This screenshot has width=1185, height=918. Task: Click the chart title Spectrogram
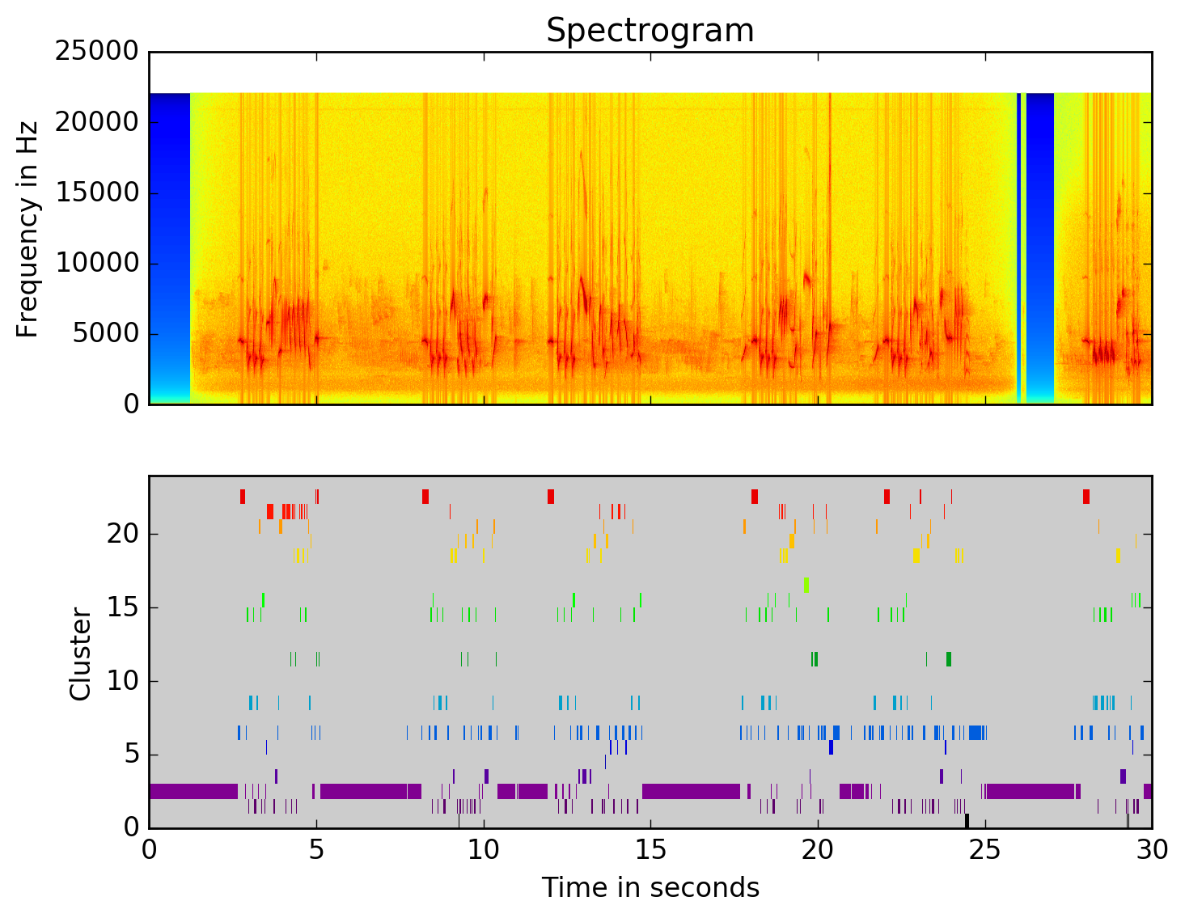point(650,31)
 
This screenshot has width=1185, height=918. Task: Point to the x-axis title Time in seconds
point(650,888)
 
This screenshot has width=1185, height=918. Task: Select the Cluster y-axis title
point(80,654)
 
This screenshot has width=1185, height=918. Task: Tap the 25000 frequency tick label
point(97,52)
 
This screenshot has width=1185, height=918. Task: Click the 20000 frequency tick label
point(97,122)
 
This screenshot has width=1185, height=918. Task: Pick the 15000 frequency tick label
point(97,192)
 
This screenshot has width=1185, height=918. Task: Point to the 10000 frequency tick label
point(97,264)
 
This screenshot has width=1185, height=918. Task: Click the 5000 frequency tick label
point(105,334)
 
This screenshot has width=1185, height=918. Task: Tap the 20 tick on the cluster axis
point(121,534)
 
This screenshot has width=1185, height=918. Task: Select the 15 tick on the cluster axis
point(121,608)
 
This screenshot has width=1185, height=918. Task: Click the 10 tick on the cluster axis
point(121,682)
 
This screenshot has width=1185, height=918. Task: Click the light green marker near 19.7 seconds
point(806,585)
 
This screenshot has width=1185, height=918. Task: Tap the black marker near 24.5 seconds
point(967,820)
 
